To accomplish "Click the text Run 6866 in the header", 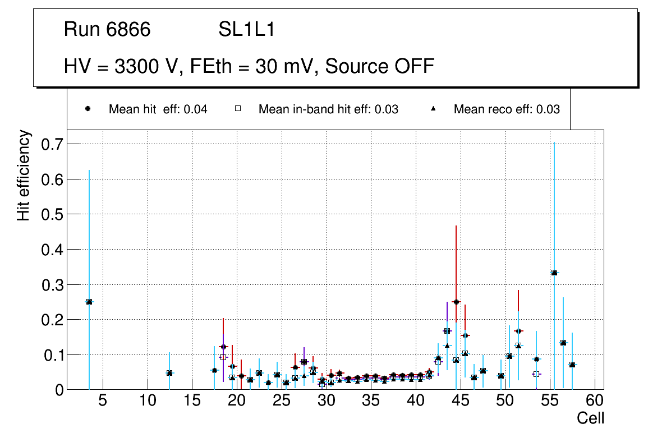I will point(107,30).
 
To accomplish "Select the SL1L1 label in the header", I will point(246,30).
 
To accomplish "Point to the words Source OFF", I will point(380,66).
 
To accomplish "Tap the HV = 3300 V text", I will point(122,66).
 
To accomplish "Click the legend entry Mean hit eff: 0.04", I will point(158,109).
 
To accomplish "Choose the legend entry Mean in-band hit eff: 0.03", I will point(328,109).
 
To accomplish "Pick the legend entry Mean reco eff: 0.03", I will point(506,109).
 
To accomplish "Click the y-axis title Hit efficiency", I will point(24,175).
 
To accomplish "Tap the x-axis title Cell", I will point(590,418).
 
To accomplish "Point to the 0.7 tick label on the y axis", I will point(53,144).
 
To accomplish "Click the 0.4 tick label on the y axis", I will point(53,250).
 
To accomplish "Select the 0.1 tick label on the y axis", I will point(53,355).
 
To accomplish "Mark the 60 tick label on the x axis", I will point(595,401).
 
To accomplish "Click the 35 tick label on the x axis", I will point(371,401).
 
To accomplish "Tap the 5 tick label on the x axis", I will point(103,401).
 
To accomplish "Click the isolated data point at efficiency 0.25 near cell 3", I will point(89,302).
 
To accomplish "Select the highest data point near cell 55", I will point(554,273).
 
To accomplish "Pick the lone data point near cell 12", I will point(169,373).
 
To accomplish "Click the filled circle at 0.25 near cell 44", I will point(456,302).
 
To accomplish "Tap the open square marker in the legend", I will point(237,109).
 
